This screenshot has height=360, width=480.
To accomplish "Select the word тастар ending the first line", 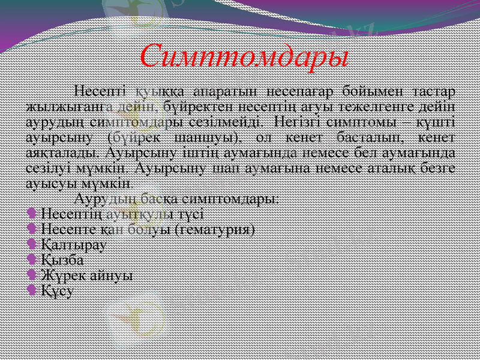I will (433, 91).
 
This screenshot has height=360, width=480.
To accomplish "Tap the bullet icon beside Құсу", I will (32, 290).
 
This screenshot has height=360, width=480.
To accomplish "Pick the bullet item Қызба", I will (63, 260).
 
